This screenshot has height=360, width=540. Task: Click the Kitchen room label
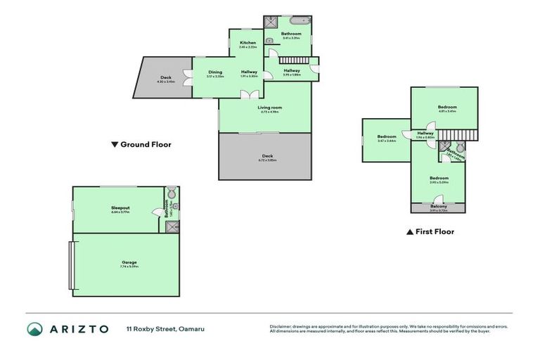click(247, 43)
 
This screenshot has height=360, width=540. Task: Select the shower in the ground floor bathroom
click(270, 22)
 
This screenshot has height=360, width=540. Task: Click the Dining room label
click(215, 72)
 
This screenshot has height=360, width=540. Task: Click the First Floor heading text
click(435, 231)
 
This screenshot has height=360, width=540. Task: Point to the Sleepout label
click(120, 208)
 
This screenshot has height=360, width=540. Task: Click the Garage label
click(129, 262)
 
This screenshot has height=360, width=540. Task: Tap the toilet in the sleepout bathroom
click(172, 194)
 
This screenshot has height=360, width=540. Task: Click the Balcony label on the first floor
click(437, 206)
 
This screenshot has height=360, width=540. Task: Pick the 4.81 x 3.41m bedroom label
click(447, 108)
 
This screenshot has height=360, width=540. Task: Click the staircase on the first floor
click(456, 134)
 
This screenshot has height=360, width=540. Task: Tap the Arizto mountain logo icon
click(35, 328)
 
